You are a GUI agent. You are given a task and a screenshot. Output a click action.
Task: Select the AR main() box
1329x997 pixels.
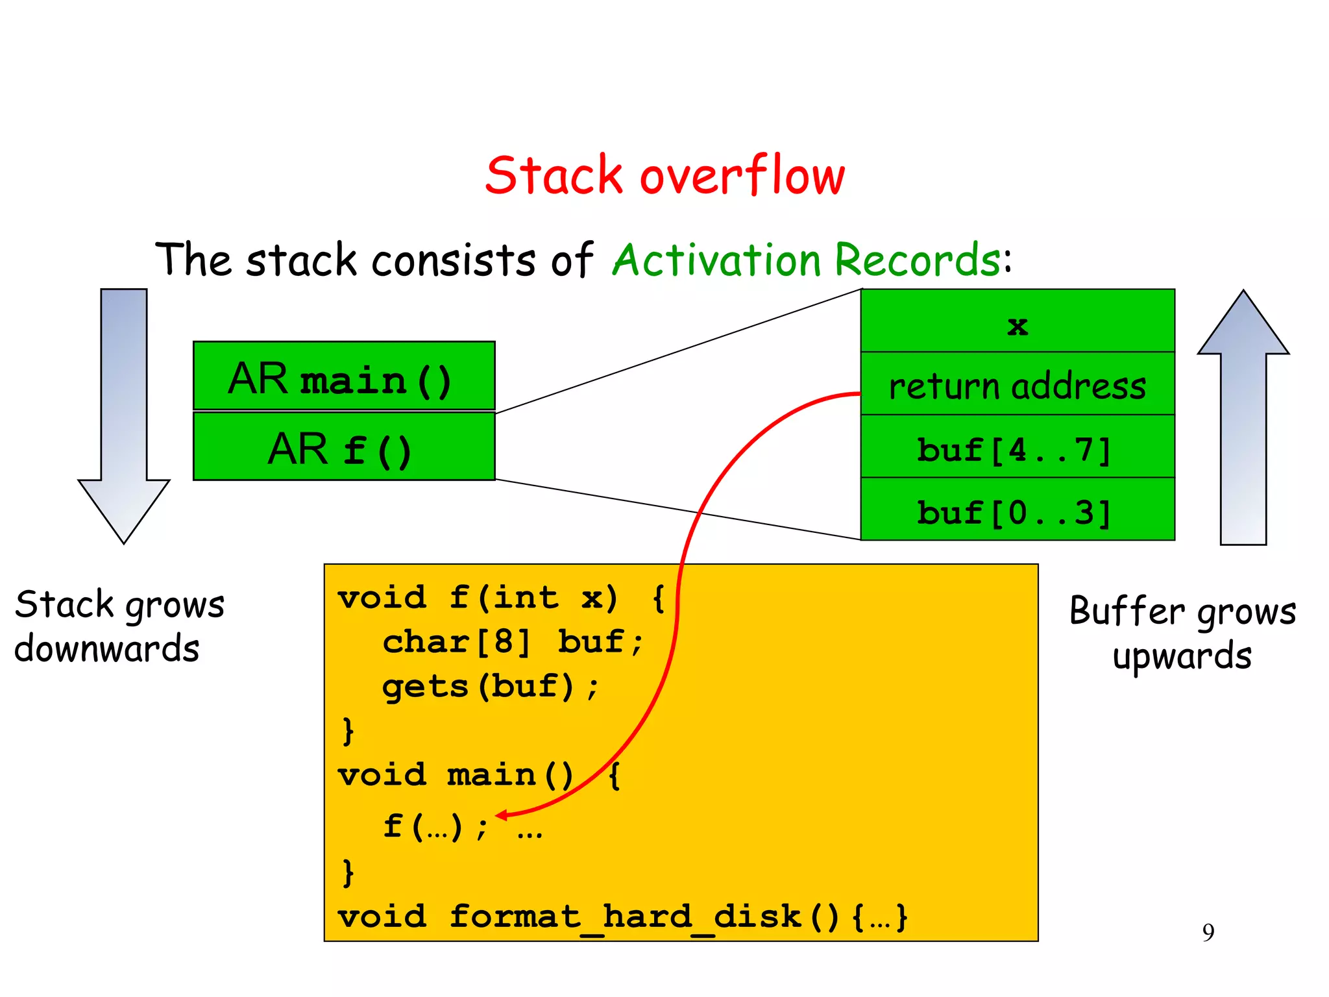click(344, 376)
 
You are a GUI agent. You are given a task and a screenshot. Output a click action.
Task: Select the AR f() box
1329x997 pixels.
click(344, 447)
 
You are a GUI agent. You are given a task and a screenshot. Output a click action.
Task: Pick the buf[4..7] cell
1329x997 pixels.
click(1017, 447)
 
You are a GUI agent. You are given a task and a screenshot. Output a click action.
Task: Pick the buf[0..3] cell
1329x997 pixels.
click(1017, 510)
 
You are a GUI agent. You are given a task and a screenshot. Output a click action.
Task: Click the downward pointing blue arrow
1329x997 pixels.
click(124, 415)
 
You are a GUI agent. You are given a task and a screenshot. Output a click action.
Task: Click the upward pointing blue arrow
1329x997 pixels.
click(1243, 415)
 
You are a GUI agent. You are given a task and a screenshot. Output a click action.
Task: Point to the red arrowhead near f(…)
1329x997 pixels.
click(501, 815)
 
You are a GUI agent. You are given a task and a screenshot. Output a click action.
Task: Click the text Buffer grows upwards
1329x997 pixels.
click(1182, 633)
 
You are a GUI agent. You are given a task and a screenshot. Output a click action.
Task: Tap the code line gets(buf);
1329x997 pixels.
click(490, 687)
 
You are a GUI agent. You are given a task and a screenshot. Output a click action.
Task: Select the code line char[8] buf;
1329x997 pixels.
click(513, 642)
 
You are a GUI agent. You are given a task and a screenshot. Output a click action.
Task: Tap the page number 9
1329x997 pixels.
click(1208, 933)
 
